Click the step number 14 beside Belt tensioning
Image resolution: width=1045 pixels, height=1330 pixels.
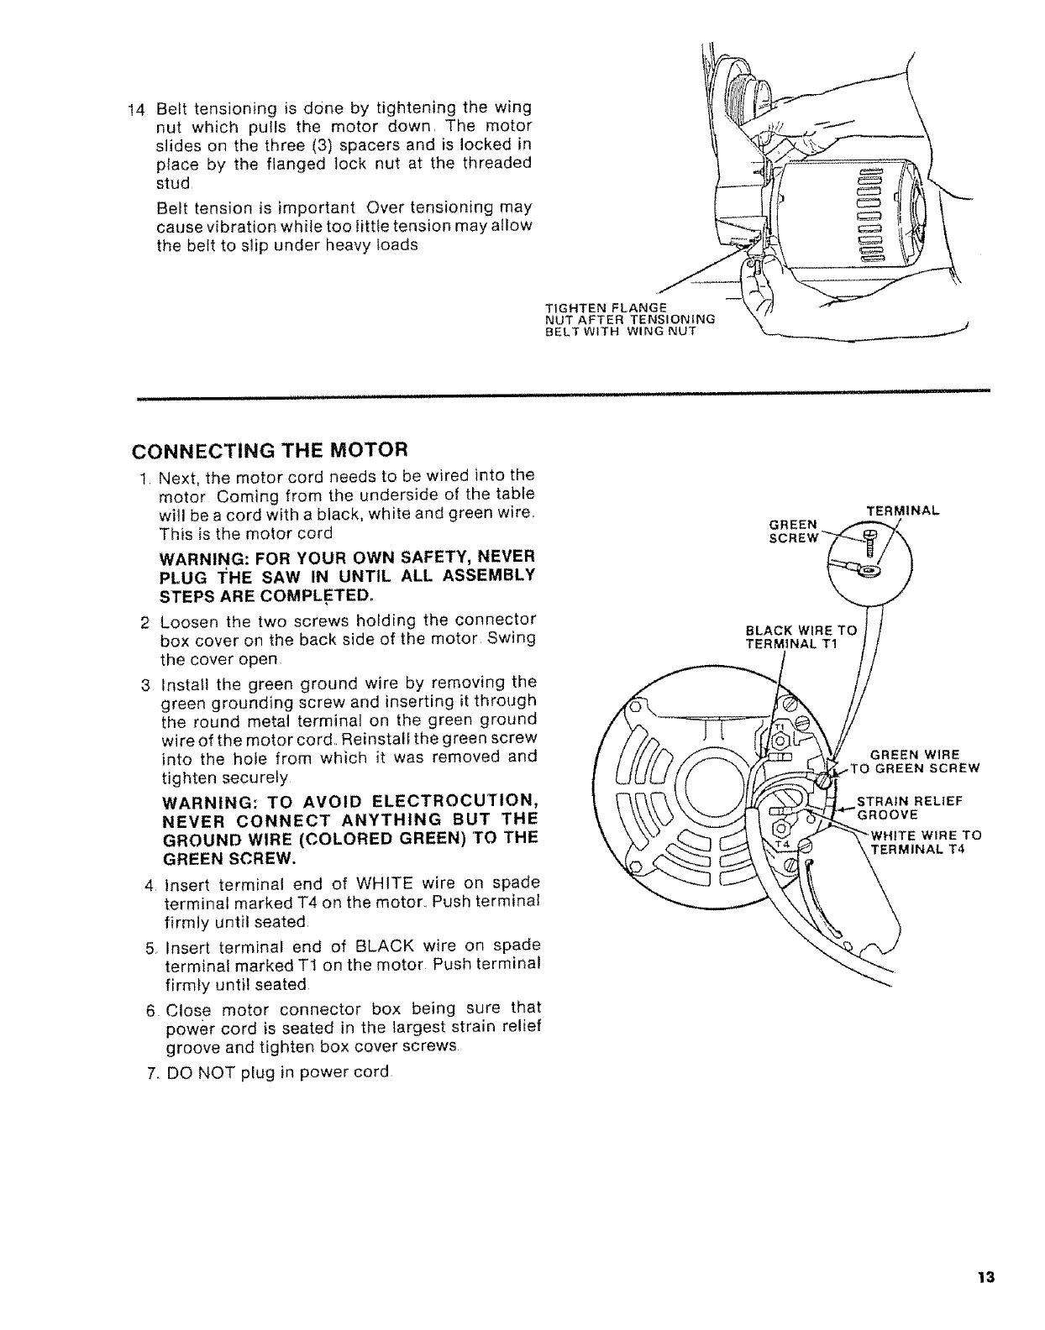point(135,109)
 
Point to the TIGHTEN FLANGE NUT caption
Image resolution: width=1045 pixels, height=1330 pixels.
point(629,317)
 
